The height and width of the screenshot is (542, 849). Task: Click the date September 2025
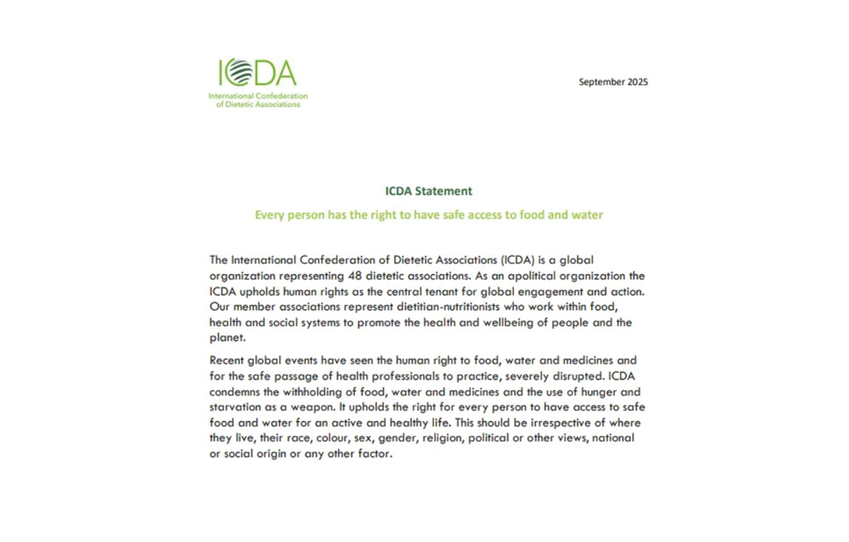click(x=613, y=82)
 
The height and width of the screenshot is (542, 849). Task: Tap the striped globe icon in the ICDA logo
click(x=238, y=73)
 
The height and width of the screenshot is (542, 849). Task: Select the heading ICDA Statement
click(x=429, y=191)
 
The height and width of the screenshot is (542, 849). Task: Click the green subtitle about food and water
click(x=429, y=215)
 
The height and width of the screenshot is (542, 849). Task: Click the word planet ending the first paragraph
click(x=226, y=338)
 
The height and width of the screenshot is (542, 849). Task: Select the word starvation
click(x=237, y=408)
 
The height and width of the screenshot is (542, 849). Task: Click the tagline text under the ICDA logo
click(x=258, y=100)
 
